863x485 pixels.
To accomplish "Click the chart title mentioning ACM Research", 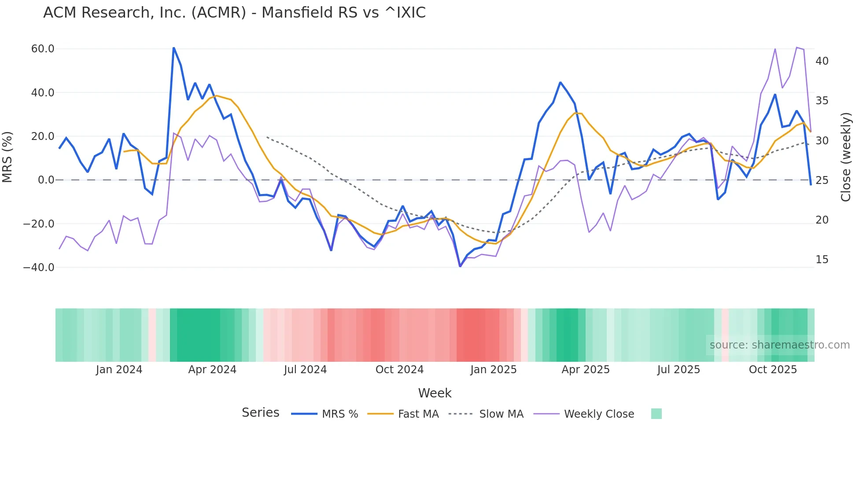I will click(234, 13).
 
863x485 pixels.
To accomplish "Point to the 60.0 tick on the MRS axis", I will click(43, 49).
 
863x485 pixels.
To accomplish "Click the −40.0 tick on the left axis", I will click(39, 268).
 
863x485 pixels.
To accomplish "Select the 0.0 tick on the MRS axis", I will click(46, 180).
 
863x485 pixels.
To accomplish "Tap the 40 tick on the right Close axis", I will click(822, 61).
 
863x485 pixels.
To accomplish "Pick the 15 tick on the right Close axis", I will click(822, 260).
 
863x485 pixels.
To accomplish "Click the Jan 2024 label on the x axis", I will click(119, 370).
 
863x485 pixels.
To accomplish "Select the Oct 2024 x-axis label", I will click(399, 370).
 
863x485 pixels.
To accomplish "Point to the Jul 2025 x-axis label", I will click(679, 370).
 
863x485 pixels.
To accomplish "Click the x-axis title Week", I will click(435, 393).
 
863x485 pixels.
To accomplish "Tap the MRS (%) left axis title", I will click(7, 157).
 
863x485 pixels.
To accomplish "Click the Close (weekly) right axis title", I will click(846, 157).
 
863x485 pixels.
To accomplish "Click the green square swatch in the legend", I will click(656, 414).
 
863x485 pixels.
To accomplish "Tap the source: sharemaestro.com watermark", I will click(779, 345).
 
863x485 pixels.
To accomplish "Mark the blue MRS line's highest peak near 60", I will click(173, 48).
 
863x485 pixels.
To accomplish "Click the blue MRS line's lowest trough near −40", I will click(460, 266).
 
